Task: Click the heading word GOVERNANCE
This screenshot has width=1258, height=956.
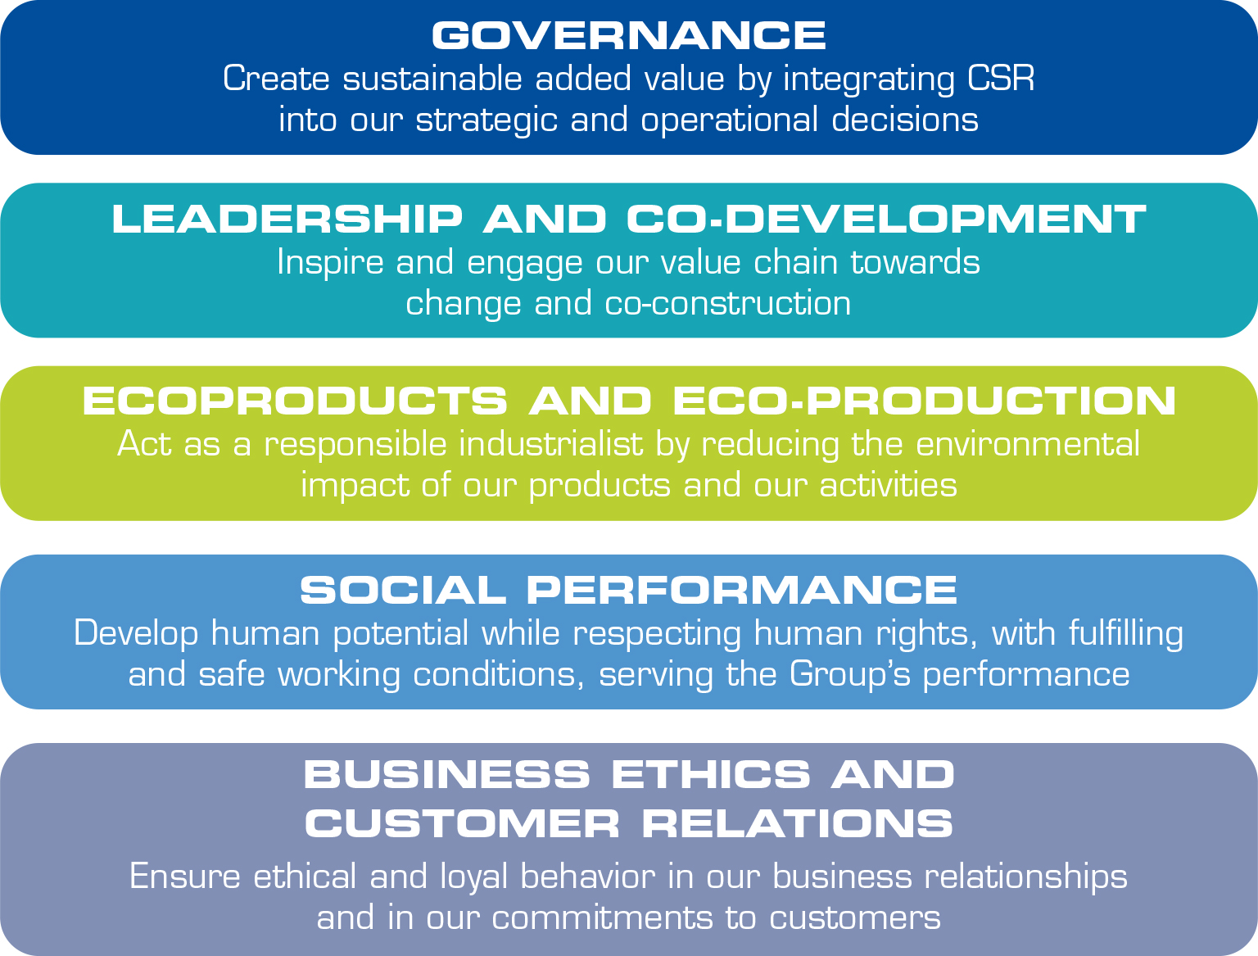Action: (x=629, y=35)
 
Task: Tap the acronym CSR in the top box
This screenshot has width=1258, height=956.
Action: (x=1001, y=78)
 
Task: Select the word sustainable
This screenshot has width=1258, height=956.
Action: (x=432, y=78)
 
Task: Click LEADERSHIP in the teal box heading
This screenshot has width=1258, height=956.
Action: (x=287, y=219)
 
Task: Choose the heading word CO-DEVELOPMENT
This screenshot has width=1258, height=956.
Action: (x=886, y=219)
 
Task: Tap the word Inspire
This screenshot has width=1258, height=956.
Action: (x=330, y=263)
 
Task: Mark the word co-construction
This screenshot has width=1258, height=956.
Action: (x=728, y=303)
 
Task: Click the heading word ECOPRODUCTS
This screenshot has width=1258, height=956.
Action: (x=295, y=401)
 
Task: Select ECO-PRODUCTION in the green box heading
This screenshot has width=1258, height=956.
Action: (x=925, y=401)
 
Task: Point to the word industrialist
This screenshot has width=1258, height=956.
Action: (x=550, y=444)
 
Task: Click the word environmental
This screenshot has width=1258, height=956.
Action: (x=1028, y=444)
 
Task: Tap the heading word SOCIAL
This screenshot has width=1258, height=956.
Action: (x=403, y=591)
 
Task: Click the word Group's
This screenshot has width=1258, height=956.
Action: (x=850, y=674)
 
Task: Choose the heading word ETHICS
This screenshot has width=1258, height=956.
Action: (x=711, y=774)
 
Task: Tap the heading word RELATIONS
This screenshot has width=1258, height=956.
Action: (x=798, y=823)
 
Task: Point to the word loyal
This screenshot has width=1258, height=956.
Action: (x=474, y=877)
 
